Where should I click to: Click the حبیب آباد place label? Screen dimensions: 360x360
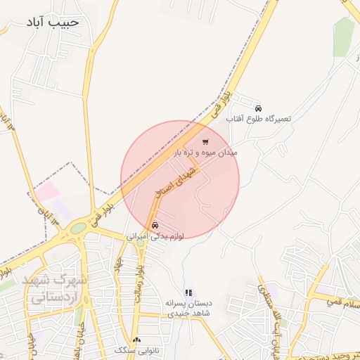[54, 22]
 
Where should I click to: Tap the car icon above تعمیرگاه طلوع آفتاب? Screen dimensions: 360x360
[259, 108]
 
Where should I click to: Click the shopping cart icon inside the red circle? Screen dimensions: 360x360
[205, 141]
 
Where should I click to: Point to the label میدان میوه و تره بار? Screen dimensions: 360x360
[206, 152]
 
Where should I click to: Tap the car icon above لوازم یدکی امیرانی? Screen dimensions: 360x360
[155, 226]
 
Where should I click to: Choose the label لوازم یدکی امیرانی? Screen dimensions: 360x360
[155, 237]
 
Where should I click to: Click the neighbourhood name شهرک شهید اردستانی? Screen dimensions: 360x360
[56, 288]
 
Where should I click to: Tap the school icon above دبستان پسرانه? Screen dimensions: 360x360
[188, 292]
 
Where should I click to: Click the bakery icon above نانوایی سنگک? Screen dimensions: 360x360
[136, 340]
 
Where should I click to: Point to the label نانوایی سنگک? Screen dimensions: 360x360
[136, 350]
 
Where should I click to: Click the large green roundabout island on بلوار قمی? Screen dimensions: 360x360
[77, 229]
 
